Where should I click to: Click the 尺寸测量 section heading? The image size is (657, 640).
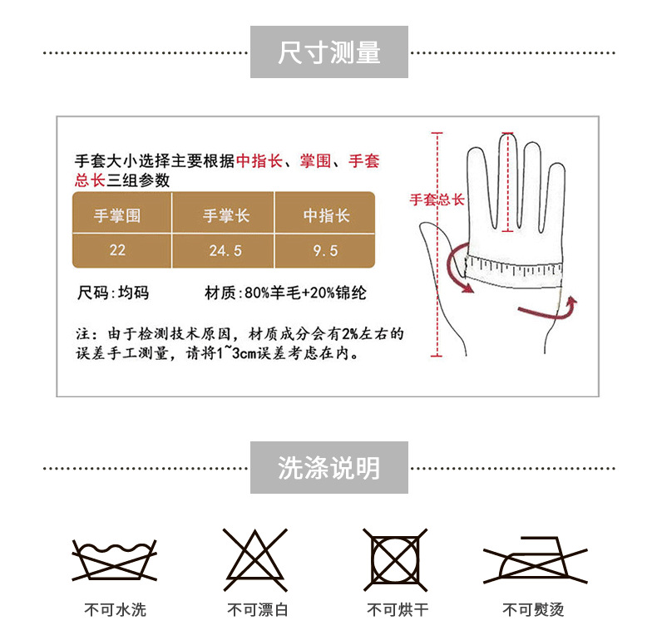(328, 52)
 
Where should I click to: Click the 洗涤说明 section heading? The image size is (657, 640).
(328, 468)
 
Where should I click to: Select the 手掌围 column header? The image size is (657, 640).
(117, 215)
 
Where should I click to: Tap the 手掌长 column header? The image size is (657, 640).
(225, 215)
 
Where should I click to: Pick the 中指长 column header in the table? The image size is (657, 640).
(326, 215)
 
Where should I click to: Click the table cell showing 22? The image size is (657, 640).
(117, 249)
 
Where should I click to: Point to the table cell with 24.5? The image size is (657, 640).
(225, 249)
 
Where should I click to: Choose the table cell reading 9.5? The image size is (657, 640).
(326, 249)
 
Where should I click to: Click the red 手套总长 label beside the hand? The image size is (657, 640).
(437, 199)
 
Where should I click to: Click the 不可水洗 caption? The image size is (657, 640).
(115, 610)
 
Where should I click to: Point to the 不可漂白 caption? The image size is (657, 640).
(258, 610)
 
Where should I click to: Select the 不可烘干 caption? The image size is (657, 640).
(398, 610)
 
